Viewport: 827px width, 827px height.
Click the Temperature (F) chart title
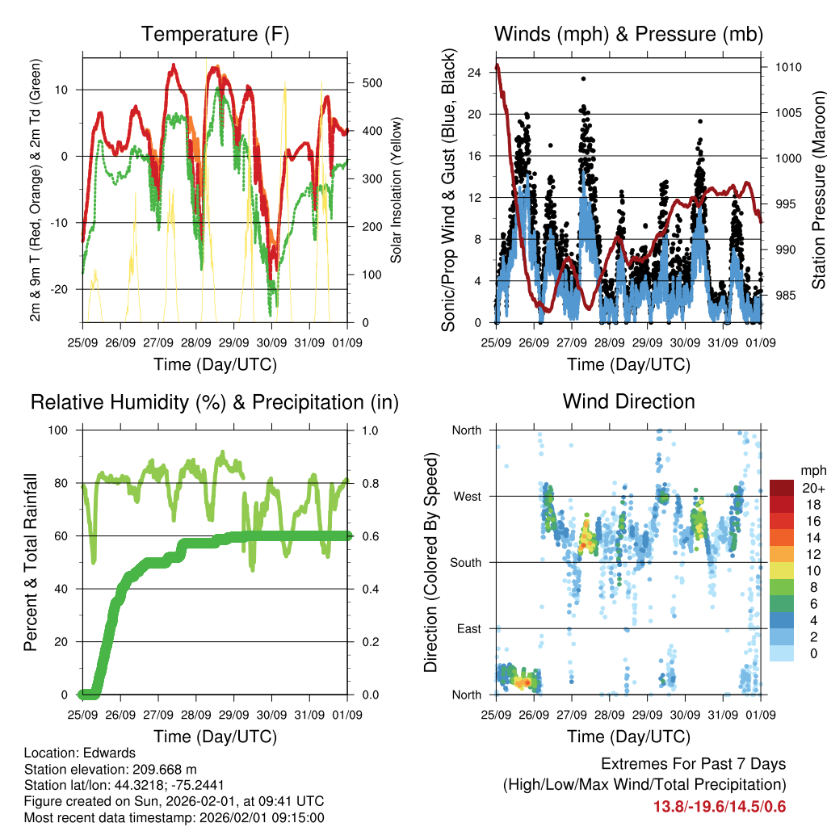215,35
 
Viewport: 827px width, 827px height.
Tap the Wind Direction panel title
628,401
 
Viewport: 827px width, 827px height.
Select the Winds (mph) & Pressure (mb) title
628,35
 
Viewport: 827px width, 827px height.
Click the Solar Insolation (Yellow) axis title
397,190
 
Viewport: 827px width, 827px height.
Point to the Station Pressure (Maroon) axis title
818,191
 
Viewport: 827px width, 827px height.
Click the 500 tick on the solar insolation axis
372,83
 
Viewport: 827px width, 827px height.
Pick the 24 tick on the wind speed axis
475,72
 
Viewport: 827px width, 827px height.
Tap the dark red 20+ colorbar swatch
782,489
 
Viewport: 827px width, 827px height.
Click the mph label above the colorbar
812,469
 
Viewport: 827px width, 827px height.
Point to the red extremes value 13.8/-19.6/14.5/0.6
719,806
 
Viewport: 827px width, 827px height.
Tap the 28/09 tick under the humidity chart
196,715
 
